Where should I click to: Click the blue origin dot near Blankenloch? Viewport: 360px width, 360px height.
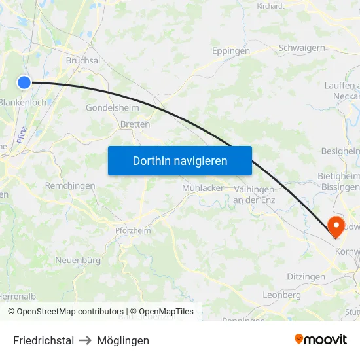pos(24,82)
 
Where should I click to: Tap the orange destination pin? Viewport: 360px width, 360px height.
pos(336,226)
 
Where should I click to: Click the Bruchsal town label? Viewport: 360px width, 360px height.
pos(83,60)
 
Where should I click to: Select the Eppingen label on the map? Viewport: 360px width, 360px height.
pos(231,50)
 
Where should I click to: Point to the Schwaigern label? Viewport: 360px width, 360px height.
pos(302,48)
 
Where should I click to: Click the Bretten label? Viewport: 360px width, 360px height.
pos(135,124)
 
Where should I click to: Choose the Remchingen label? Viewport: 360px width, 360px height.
pos(70,185)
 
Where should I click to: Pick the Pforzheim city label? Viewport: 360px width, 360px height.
pos(132,230)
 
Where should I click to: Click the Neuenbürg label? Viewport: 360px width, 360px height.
pos(77,260)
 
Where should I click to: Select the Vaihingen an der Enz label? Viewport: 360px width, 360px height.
pos(254,194)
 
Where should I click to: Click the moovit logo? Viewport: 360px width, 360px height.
pos(321,340)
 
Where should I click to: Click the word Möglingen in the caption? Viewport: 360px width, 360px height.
pos(123,340)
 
